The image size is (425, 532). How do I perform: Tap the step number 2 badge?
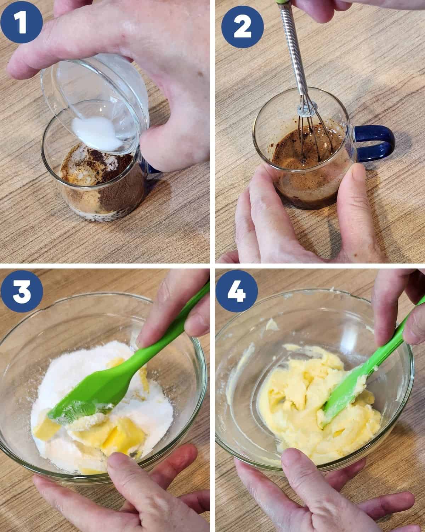point(243,27)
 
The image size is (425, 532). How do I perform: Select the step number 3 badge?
point(22,291)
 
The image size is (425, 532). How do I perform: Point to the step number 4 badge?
point(237,291)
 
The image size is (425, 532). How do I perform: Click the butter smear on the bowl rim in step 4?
point(272,324)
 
